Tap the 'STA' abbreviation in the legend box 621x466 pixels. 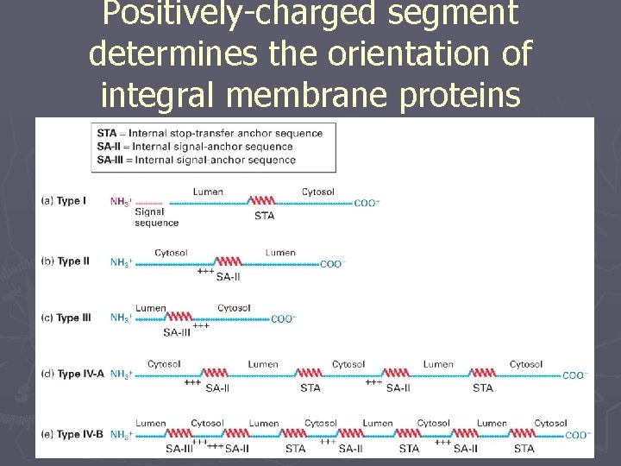(106, 133)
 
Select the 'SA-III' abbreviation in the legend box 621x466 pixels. (110, 160)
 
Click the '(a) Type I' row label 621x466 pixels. (64, 201)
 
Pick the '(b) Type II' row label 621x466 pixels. (66, 261)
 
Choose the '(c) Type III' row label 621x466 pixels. (66, 318)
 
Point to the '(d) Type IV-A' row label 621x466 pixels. (72, 375)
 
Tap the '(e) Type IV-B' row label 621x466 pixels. (72, 435)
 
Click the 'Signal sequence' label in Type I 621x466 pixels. (156, 217)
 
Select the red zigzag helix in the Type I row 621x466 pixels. (262, 201)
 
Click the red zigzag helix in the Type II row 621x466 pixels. (228, 261)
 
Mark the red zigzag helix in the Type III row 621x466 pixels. (178, 318)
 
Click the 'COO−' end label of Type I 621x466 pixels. (367, 203)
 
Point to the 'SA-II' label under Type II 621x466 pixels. (228, 276)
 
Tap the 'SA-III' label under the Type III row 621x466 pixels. (177, 332)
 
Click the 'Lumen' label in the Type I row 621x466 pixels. (208, 192)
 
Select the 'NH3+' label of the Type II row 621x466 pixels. (121, 262)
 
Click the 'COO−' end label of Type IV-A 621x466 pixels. (574, 375)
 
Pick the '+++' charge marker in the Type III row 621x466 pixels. (200, 326)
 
